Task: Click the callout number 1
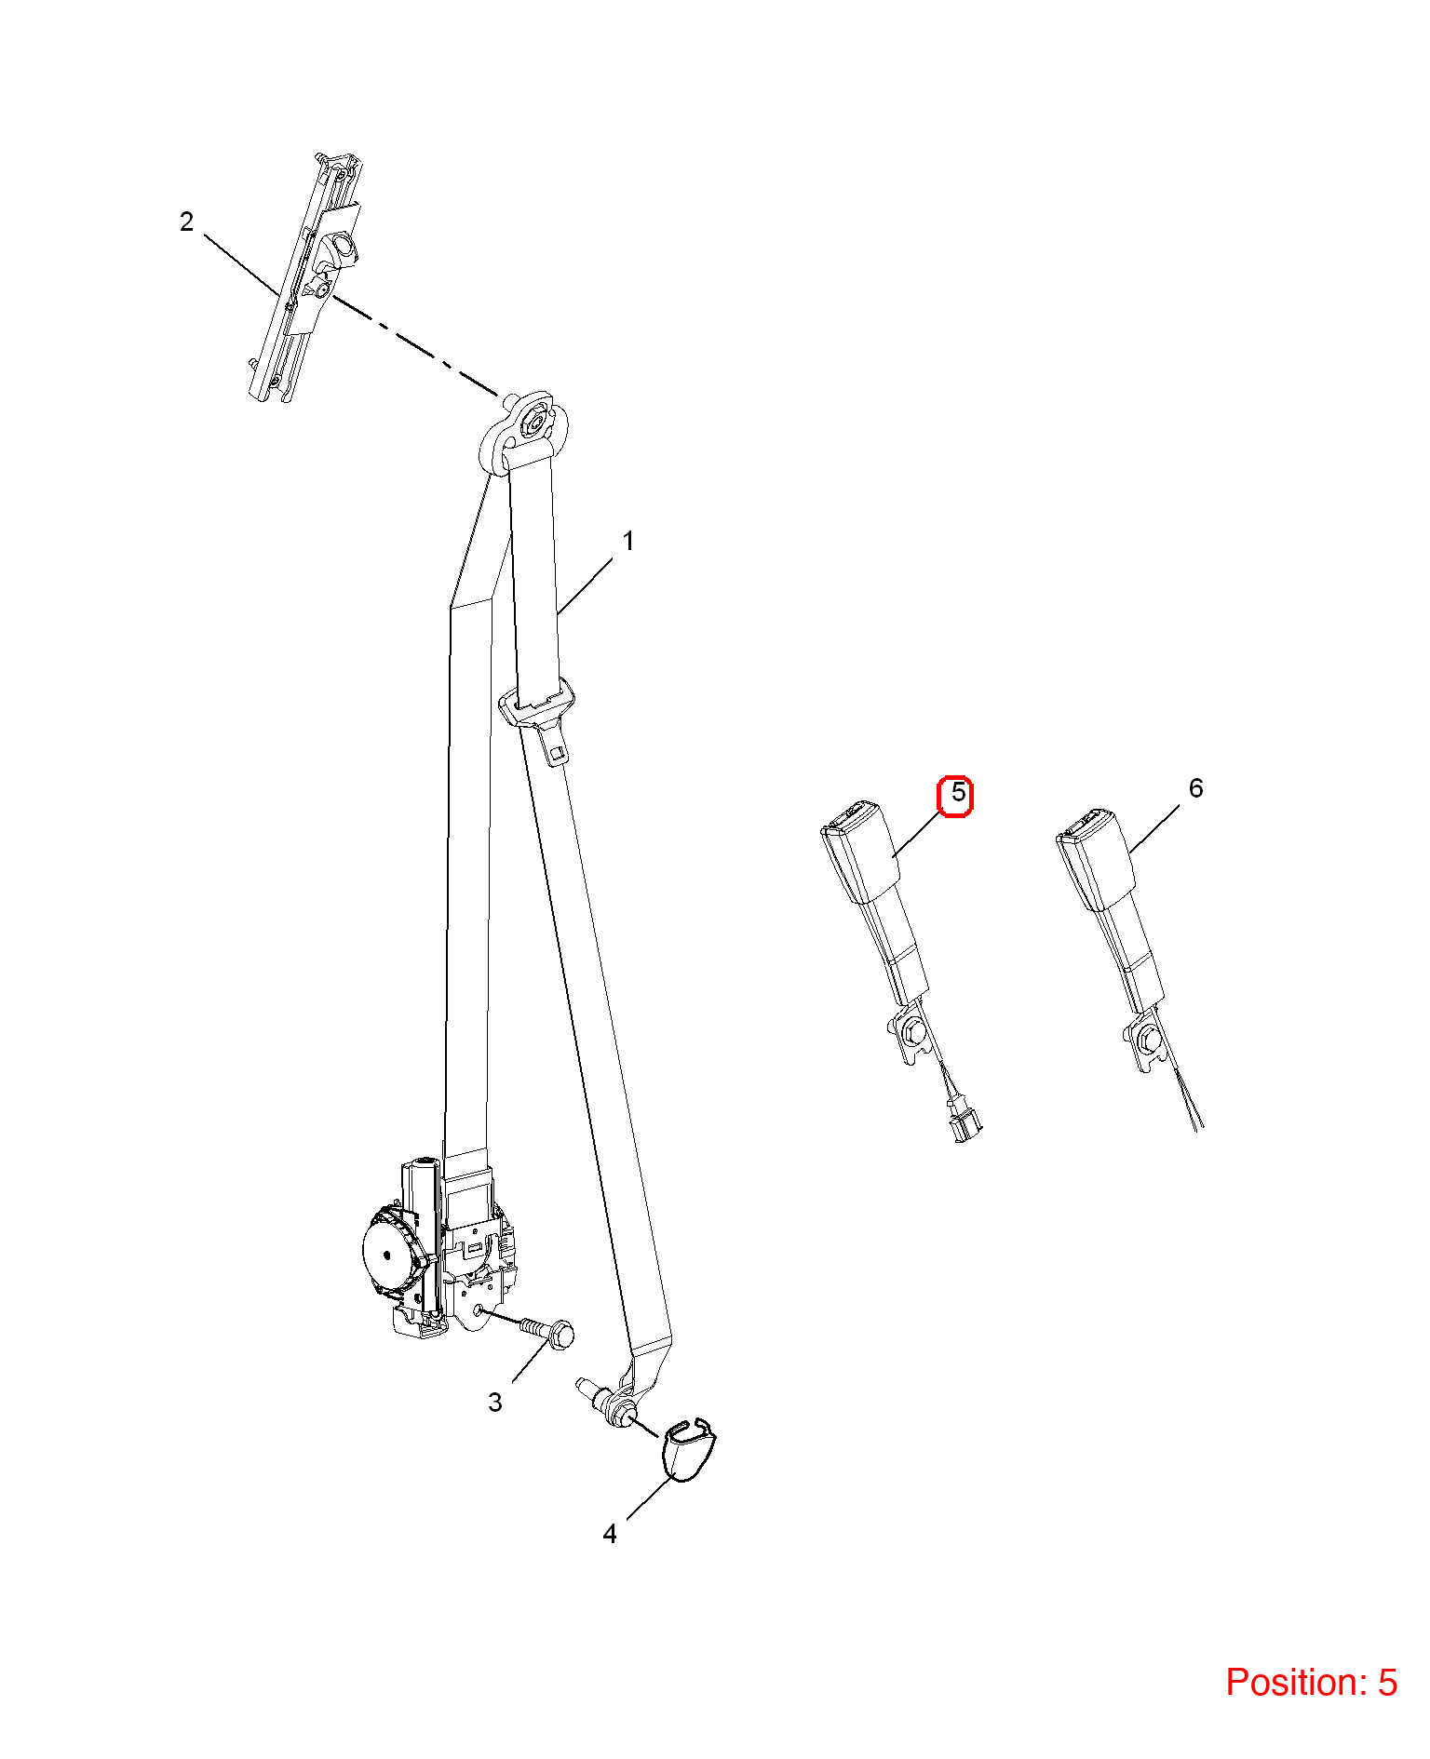628,541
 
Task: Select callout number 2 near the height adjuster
186,222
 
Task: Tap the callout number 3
495,1402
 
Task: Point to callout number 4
610,1533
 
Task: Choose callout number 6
1196,788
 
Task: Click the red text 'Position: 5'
1311,1681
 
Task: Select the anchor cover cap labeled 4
688,1449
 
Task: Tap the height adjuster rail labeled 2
305,276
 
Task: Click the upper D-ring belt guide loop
524,434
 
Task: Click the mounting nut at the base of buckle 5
912,1030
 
